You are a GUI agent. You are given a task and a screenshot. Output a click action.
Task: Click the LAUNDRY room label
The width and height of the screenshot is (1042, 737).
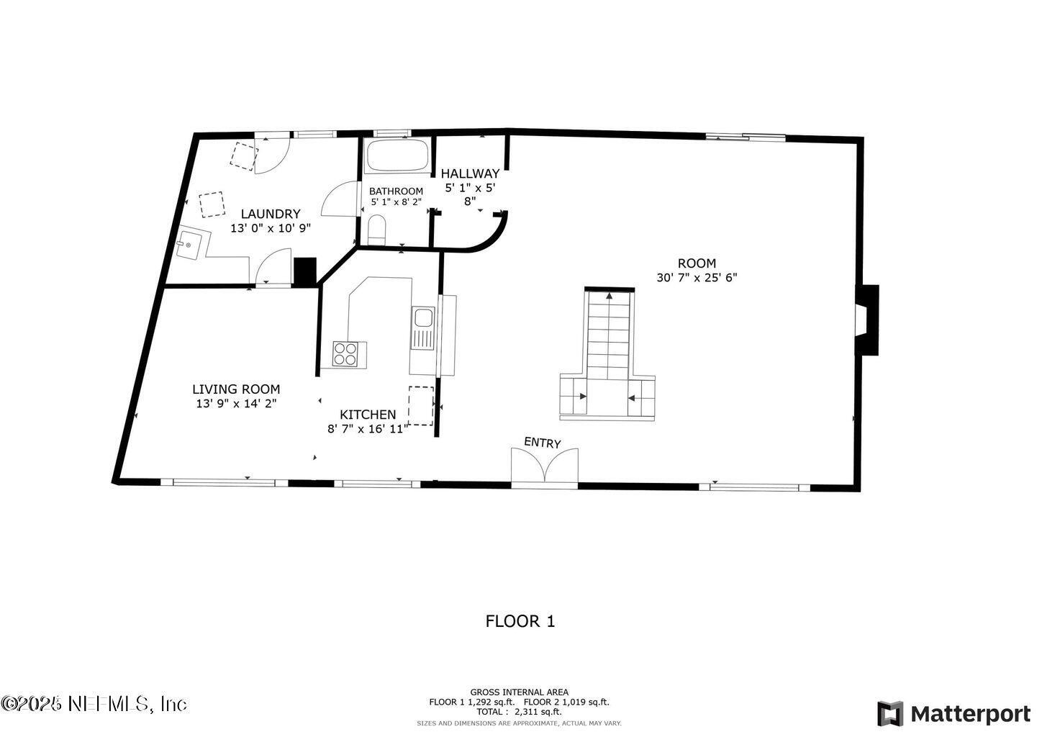pyautogui.click(x=270, y=214)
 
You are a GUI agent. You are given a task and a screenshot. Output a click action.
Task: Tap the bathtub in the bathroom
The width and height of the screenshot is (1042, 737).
pyautogui.click(x=397, y=155)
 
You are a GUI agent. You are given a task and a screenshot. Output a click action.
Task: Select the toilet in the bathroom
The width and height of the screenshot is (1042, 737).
pyautogui.click(x=376, y=230)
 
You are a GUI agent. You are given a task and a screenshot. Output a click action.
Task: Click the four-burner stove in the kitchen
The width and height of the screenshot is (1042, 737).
pyautogui.click(x=345, y=354)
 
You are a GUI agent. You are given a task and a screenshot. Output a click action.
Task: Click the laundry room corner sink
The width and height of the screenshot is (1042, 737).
pyautogui.click(x=189, y=245)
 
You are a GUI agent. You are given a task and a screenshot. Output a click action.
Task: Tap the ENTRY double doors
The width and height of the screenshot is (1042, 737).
pyautogui.click(x=545, y=466)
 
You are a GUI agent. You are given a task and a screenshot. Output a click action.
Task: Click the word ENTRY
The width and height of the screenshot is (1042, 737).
pyautogui.click(x=542, y=443)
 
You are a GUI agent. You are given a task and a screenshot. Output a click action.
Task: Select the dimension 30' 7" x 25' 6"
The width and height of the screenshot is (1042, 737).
pyautogui.click(x=697, y=277)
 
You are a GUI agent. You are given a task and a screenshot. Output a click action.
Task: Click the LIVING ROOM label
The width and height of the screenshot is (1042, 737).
pyautogui.click(x=236, y=389)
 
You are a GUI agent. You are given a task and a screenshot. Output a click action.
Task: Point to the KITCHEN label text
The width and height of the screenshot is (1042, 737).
pyautogui.click(x=367, y=415)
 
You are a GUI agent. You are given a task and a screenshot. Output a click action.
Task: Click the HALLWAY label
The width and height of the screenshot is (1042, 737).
pyautogui.click(x=470, y=173)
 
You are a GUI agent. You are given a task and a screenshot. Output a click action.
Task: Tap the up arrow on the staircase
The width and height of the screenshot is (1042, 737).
pyautogui.click(x=610, y=295)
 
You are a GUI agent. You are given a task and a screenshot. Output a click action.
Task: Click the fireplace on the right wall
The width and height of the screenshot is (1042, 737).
pyautogui.click(x=867, y=320)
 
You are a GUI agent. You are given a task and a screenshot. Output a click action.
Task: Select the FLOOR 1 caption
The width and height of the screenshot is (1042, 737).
pyautogui.click(x=520, y=621)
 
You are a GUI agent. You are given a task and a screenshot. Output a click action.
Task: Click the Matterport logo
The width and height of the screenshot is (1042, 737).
pyautogui.click(x=954, y=713)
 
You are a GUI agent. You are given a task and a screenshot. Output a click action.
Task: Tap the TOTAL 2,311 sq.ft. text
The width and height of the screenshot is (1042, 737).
pyautogui.click(x=519, y=711)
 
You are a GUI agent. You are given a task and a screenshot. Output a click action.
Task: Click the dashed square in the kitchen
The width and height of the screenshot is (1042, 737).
pyautogui.click(x=421, y=405)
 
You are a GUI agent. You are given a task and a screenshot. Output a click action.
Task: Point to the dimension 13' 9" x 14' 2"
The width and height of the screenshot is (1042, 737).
pyautogui.click(x=236, y=404)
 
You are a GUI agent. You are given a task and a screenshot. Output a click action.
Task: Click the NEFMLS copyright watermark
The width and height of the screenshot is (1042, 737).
pyautogui.click(x=94, y=703)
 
